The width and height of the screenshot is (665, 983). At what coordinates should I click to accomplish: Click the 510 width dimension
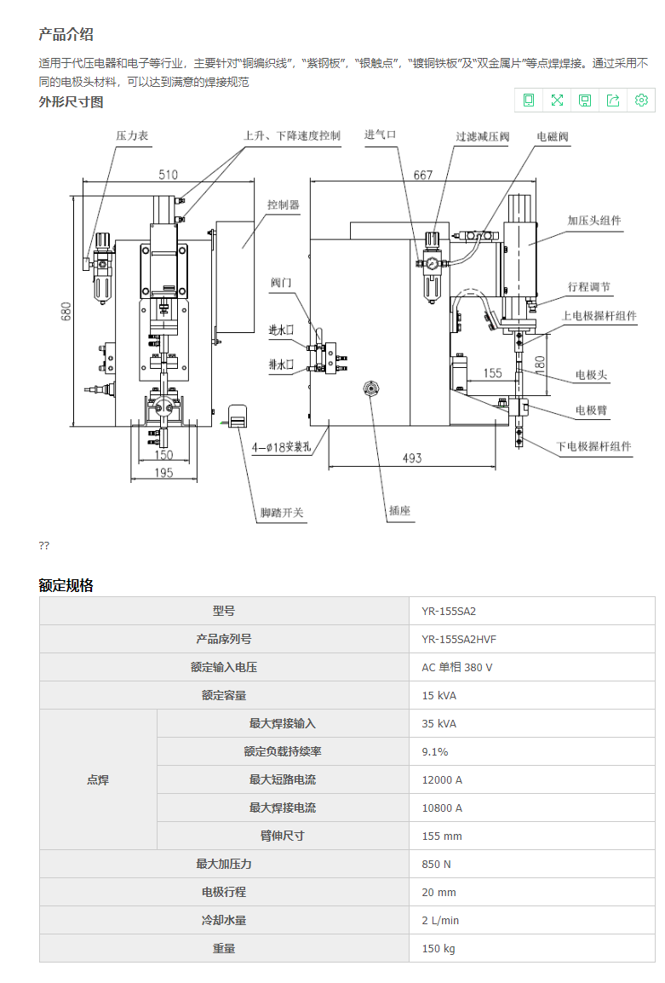pos(168,175)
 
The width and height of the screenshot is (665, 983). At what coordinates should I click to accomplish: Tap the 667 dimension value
pos(422,175)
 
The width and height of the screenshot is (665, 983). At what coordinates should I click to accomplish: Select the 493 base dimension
pos(411,458)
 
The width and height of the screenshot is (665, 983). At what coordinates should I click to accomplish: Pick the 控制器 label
pos(283,205)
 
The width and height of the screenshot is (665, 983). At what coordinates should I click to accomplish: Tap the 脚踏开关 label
pos(281,513)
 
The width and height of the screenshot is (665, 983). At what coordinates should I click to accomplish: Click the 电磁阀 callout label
pos(552,136)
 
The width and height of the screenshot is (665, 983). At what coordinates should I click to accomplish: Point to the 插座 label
pos(399,510)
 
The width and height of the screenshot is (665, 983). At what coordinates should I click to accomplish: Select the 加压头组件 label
pos(594,221)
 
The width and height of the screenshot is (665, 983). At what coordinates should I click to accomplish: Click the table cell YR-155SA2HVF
pos(461,639)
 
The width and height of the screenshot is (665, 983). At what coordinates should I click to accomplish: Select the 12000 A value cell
pos(442,779)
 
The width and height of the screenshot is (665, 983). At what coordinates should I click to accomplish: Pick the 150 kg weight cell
pos(438,948)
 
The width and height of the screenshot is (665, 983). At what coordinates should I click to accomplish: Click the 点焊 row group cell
pos(98,779)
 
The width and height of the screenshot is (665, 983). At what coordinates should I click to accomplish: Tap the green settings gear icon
pos(641,101)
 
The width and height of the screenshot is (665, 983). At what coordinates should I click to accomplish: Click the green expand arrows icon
pos(557,101)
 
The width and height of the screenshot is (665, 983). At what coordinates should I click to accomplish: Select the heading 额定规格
pos(66,585)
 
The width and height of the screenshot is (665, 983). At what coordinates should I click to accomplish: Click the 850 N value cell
pos(437,864)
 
